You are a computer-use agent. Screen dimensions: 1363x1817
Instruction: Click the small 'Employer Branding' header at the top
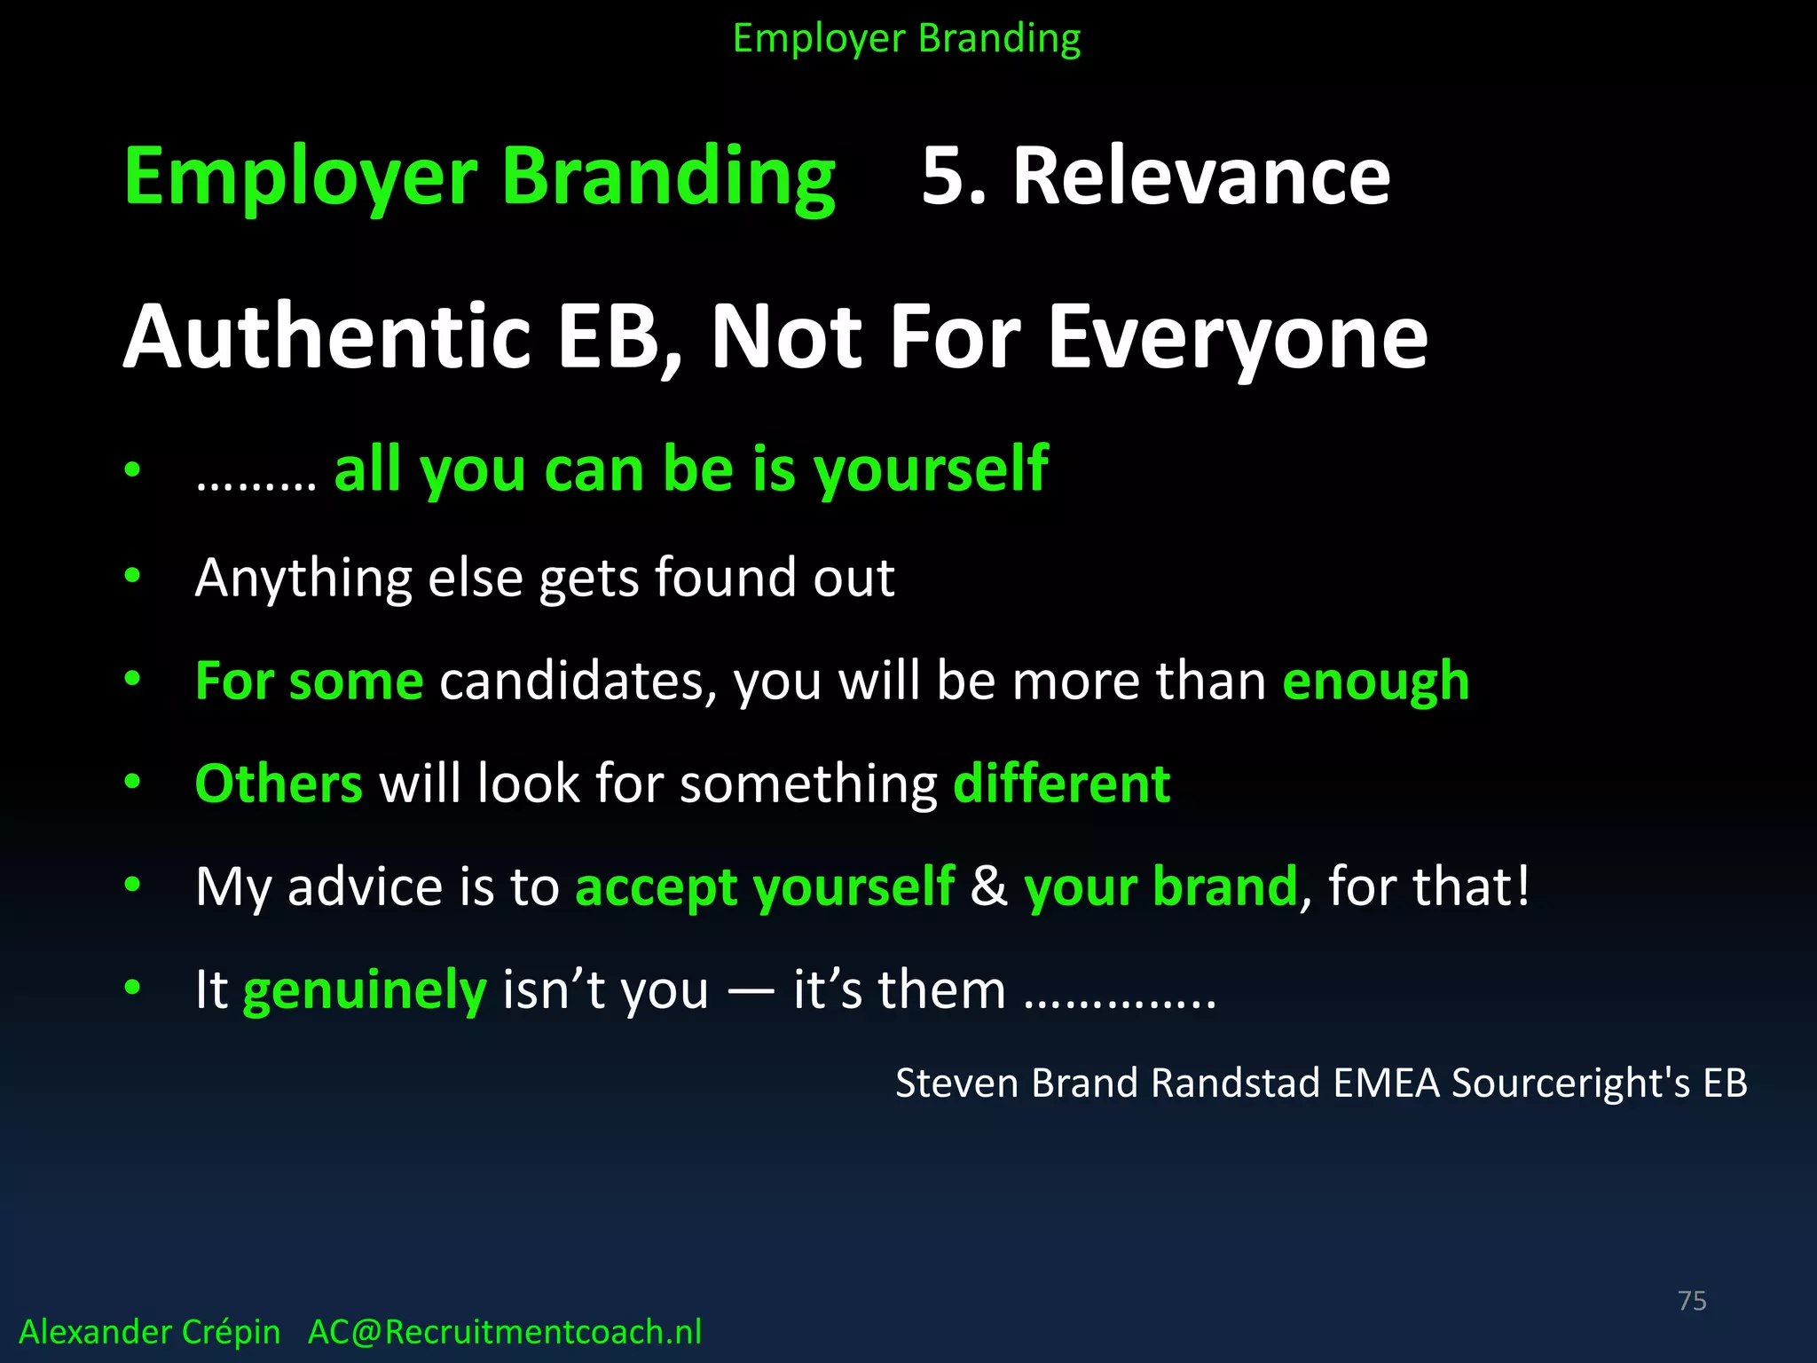point(907,39)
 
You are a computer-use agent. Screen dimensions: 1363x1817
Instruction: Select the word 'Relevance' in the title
point(1201,177)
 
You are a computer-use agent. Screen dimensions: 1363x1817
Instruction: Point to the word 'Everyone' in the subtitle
point(1238,337)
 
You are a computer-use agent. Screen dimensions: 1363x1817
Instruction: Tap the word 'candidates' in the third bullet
point(578,681)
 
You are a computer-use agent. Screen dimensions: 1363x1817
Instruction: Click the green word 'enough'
point(1376,681)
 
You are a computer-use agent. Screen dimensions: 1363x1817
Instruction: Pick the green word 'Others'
point(279,784)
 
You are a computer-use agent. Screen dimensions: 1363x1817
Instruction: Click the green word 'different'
point(1062,784)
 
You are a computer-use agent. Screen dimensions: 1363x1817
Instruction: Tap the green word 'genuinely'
point(365,990)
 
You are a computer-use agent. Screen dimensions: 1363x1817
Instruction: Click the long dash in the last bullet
point(751,990)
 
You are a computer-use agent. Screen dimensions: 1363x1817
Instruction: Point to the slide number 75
point(1692,1301)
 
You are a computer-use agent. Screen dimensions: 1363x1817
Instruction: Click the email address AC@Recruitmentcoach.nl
point(505,1332)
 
